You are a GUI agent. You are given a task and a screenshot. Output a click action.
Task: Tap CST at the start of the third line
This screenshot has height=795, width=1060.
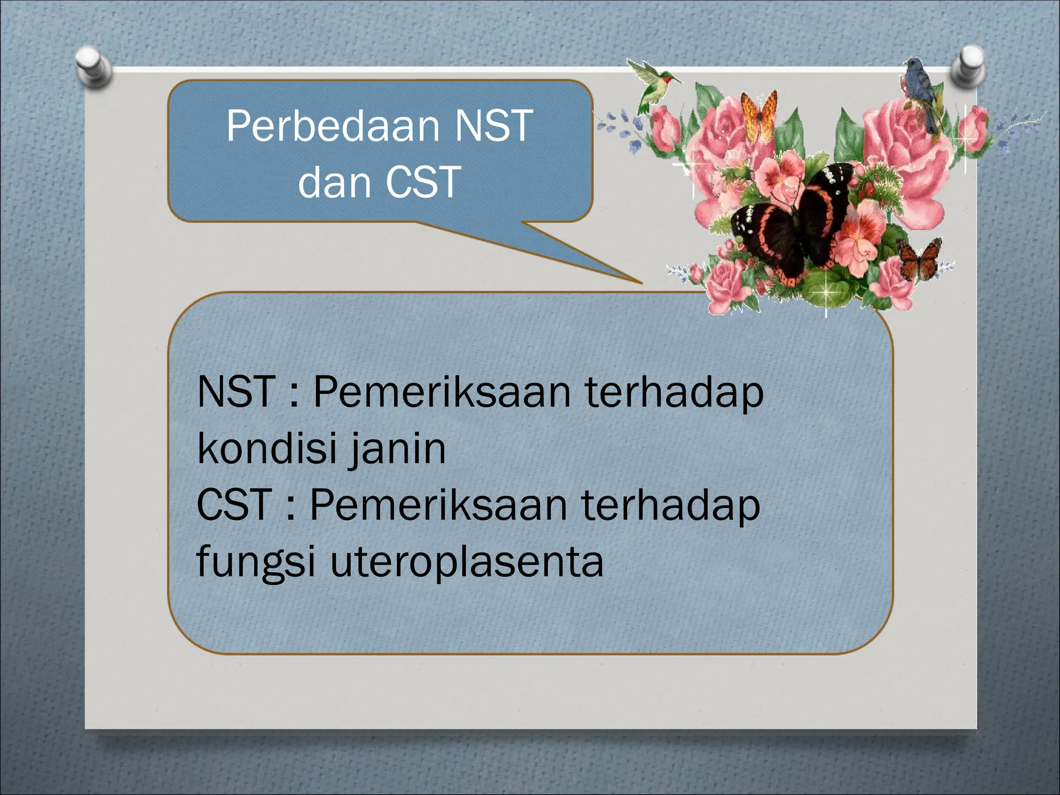(234, 505)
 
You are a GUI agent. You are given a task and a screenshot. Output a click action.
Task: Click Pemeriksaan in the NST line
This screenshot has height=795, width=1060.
(441, 392)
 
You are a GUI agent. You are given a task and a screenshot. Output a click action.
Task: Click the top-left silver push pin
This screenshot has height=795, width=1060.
(93, 66)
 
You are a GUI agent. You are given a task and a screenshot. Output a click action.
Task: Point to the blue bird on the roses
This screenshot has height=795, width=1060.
(921, 93)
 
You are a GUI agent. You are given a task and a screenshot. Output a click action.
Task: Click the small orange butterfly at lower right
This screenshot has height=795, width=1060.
(920, 257)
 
